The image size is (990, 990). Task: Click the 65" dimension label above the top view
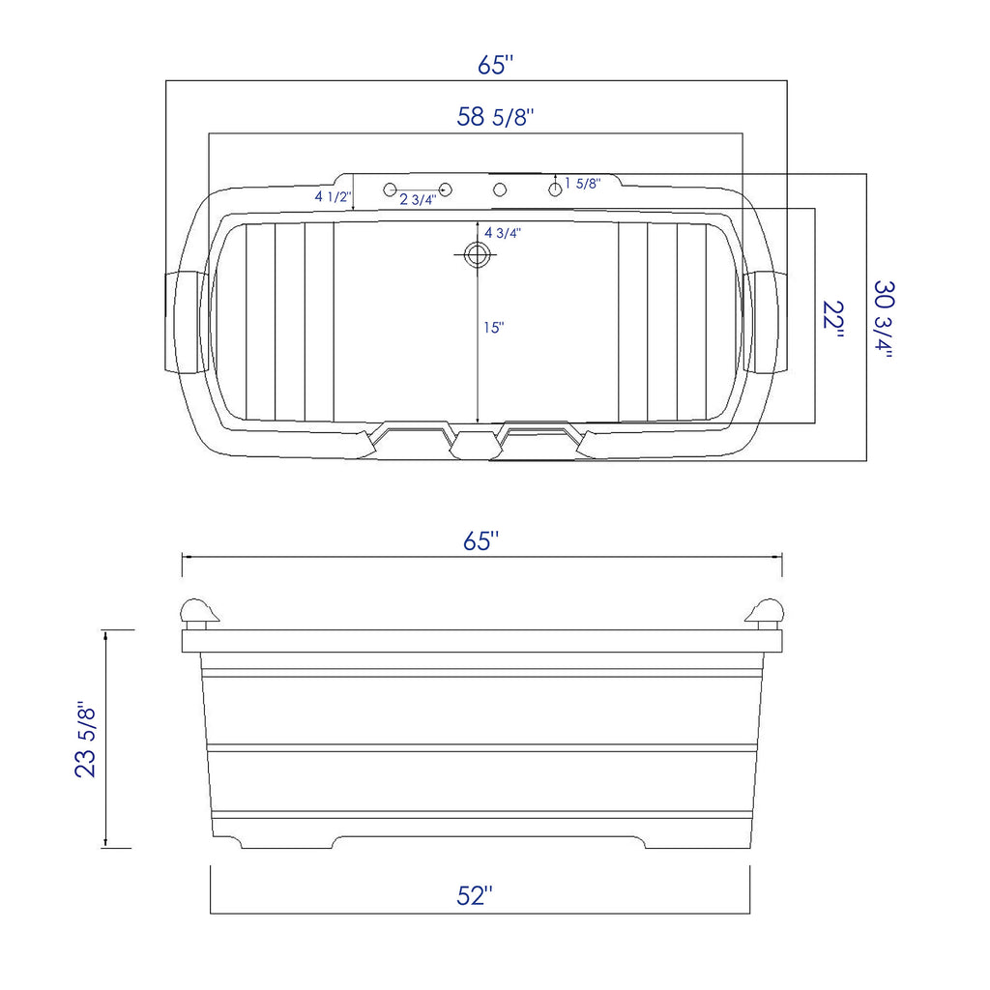[x=495, y=65]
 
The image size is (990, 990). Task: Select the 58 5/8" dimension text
[x=495, y=118]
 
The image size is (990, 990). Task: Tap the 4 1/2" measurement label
[x=332, y=196]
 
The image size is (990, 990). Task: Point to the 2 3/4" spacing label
[x=418, y=200]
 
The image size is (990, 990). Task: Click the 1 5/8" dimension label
[x=583, y=183]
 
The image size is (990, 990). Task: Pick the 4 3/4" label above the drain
[x=503, y=233]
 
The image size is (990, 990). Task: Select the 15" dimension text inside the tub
[x=494, y=328]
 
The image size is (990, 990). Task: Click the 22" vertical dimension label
[x=833, y=315]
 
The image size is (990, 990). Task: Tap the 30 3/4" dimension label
[x=884, y=318]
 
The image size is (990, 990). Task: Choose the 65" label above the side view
[x=480, y=541]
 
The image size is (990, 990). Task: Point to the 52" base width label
[x=475, y=896]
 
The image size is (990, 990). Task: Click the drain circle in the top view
[x=477, y=255]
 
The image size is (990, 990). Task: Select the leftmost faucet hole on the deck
[x=391, y=189]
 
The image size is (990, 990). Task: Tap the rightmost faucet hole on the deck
[x=555, y=189]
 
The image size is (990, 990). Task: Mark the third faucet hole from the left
[x=500, y=189]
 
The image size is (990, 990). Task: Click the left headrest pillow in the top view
[x=187, y=321]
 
